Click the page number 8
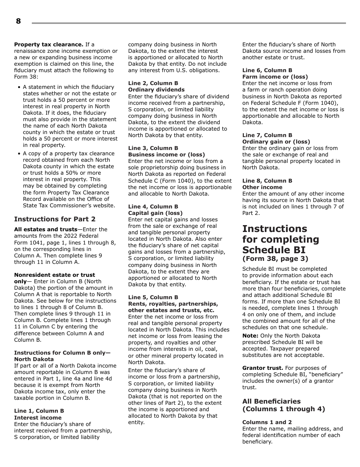click(18, 21)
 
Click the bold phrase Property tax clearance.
click(49, 44)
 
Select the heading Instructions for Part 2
click(55, 219)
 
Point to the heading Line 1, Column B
click(39, 411)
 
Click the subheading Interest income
click(38, 418)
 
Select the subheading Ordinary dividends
click(156, 90)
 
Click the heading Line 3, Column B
click(153, 148)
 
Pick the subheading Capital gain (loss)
click(155, 213)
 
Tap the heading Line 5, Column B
click(153, 297)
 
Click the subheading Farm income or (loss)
click(275, 77)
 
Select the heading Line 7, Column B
click(267, 135)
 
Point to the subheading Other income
click(262, 187)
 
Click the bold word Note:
click(250, 336)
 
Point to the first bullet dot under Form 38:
click(19, 87)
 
